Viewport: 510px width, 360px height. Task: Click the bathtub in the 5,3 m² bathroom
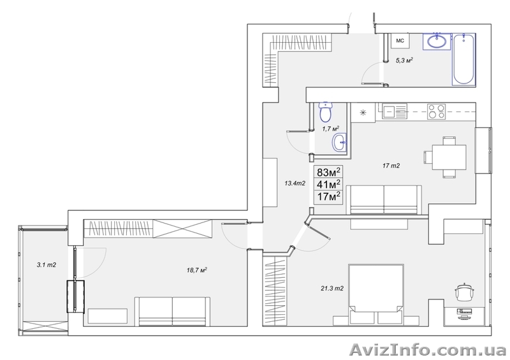[463, 59]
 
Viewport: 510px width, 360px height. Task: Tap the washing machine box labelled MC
[400, 41]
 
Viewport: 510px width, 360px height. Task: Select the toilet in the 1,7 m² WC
[325, 112]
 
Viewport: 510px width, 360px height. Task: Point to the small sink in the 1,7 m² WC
[340, 142]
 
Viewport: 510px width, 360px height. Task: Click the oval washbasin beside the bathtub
[436, 41]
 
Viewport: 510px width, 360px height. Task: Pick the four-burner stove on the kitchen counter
[436, 112]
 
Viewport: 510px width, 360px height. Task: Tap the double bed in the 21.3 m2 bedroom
[376, 294]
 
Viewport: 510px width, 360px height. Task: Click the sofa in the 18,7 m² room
[172, 311]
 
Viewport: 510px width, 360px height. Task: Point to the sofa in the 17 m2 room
[384, 199]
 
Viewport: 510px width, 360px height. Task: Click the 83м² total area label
[328, 171]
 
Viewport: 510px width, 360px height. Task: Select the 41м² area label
[328, 184]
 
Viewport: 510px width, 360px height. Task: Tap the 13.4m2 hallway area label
[295, 184]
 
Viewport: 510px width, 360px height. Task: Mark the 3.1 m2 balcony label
[46, 265]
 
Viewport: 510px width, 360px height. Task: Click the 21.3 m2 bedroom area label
[332, 288]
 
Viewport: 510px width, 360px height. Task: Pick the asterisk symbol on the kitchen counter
[363, 113]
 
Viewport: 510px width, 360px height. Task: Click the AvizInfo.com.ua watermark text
[428, 350]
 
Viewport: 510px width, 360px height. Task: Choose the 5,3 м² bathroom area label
[404, 60]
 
